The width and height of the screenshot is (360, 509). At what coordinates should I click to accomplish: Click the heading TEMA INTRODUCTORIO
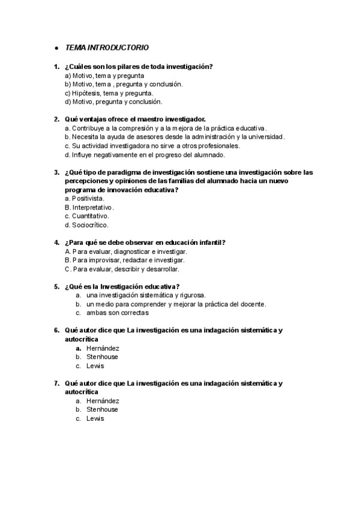coord(107,47)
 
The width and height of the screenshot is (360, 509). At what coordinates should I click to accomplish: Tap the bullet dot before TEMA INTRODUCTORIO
coord(56,48)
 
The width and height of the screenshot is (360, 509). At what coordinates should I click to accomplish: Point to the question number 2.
coord(56,119)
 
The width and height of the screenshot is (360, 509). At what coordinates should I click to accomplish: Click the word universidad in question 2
coord(263,137)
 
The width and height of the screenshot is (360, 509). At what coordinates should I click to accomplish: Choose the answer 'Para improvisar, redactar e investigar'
coord(124,260)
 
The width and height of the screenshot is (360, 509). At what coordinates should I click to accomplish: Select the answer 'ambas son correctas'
coord(118,313)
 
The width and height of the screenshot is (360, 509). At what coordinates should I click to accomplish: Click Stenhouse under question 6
coord(102,357)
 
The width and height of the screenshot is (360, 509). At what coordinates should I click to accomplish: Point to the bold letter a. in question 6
coord(79,348)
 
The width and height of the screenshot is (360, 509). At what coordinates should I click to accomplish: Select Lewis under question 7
coord(95,418)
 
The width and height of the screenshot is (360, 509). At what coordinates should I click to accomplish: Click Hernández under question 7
coord(103,400)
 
